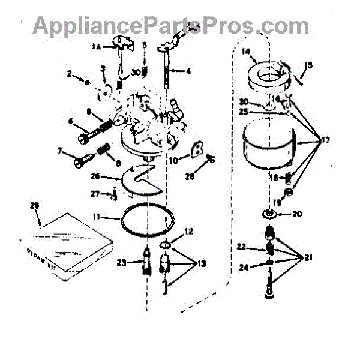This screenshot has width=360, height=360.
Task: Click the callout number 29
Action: tap(34, 206)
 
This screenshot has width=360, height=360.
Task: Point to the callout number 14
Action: tap(245, 52)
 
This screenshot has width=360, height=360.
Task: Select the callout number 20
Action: tap(297, 213)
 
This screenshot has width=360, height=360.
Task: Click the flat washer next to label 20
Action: tap(270, 214)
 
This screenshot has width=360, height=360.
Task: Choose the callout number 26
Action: tap(112, 176)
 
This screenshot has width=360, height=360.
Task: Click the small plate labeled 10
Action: tap(194, 150)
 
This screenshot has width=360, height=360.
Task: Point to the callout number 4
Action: tap(188, 71)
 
